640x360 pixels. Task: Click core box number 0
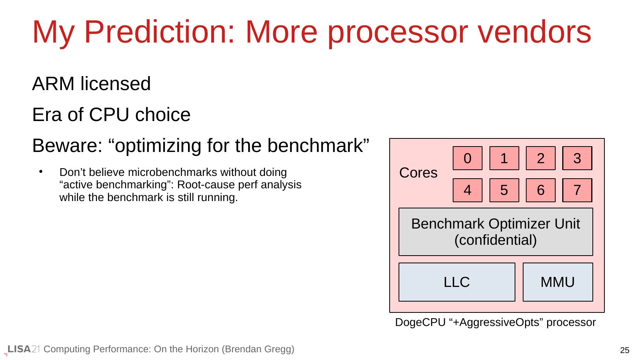coord(467,158)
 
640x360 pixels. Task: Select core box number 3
coord(577,158)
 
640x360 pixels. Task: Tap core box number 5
coord(504,190)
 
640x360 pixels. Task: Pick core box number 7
coord(577,190)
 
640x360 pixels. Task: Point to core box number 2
coord(541,158)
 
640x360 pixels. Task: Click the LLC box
coord(457,282)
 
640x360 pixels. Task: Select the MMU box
coord(558,282)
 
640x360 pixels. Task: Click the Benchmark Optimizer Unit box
coord(496,232)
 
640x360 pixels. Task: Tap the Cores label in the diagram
coord(418,173)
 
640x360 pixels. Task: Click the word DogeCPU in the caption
coord(420,322)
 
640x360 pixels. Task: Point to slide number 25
coord(625,350)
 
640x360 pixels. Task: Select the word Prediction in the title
coord(159,32)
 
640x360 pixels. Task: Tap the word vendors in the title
coord(535,32)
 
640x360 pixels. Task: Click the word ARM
coord(53,84)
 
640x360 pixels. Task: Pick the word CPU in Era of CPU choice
coord(109,115)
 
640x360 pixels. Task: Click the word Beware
coord(67,146)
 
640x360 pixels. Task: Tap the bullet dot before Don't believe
coord(41,172)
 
